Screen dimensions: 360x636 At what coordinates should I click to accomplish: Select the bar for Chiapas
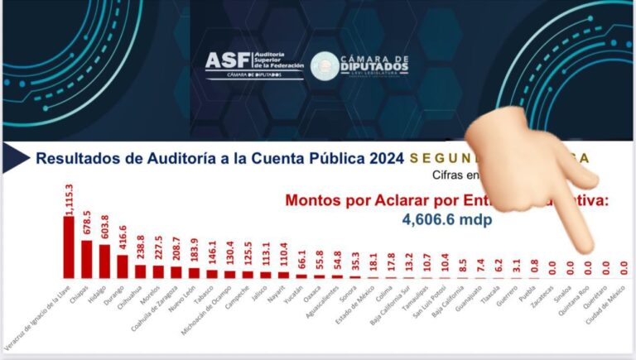[x=87, y=259]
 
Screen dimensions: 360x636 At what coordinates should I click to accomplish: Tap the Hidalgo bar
[x=104, y=261]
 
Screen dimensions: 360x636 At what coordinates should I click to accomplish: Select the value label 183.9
[x=194, y=252]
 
